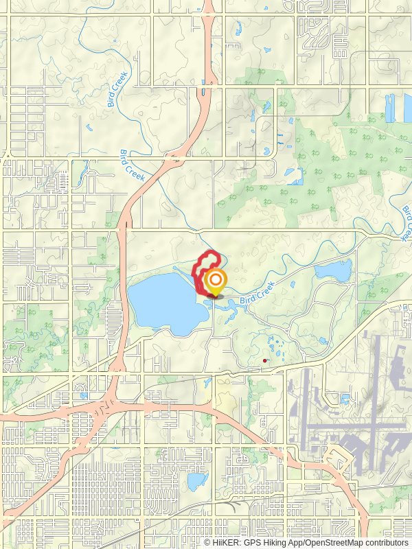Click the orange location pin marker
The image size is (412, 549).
click(x=216, y=281)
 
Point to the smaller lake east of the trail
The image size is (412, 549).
click(x=332, y=270)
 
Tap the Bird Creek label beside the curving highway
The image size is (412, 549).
click(x=133, y=165)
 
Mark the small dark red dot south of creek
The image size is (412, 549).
click(x=265, y=360)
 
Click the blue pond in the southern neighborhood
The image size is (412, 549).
click(x=197, y=480)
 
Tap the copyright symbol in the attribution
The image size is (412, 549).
click(x=208, y=542)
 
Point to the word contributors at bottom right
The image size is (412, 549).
click(x=385, y=542)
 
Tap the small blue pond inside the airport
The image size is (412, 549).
click(x=344, y=399)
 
